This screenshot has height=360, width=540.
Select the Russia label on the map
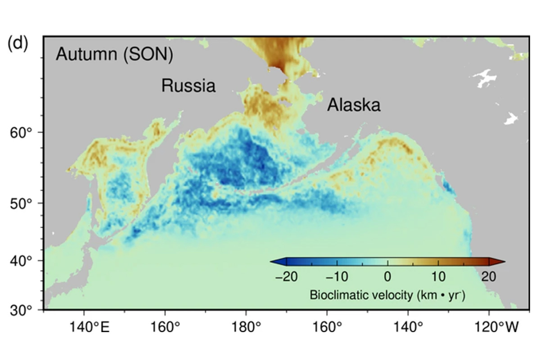pyautogui.click(x=189, y=85)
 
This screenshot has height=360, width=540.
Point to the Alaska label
pyautogui.click(x=354, y=105)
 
